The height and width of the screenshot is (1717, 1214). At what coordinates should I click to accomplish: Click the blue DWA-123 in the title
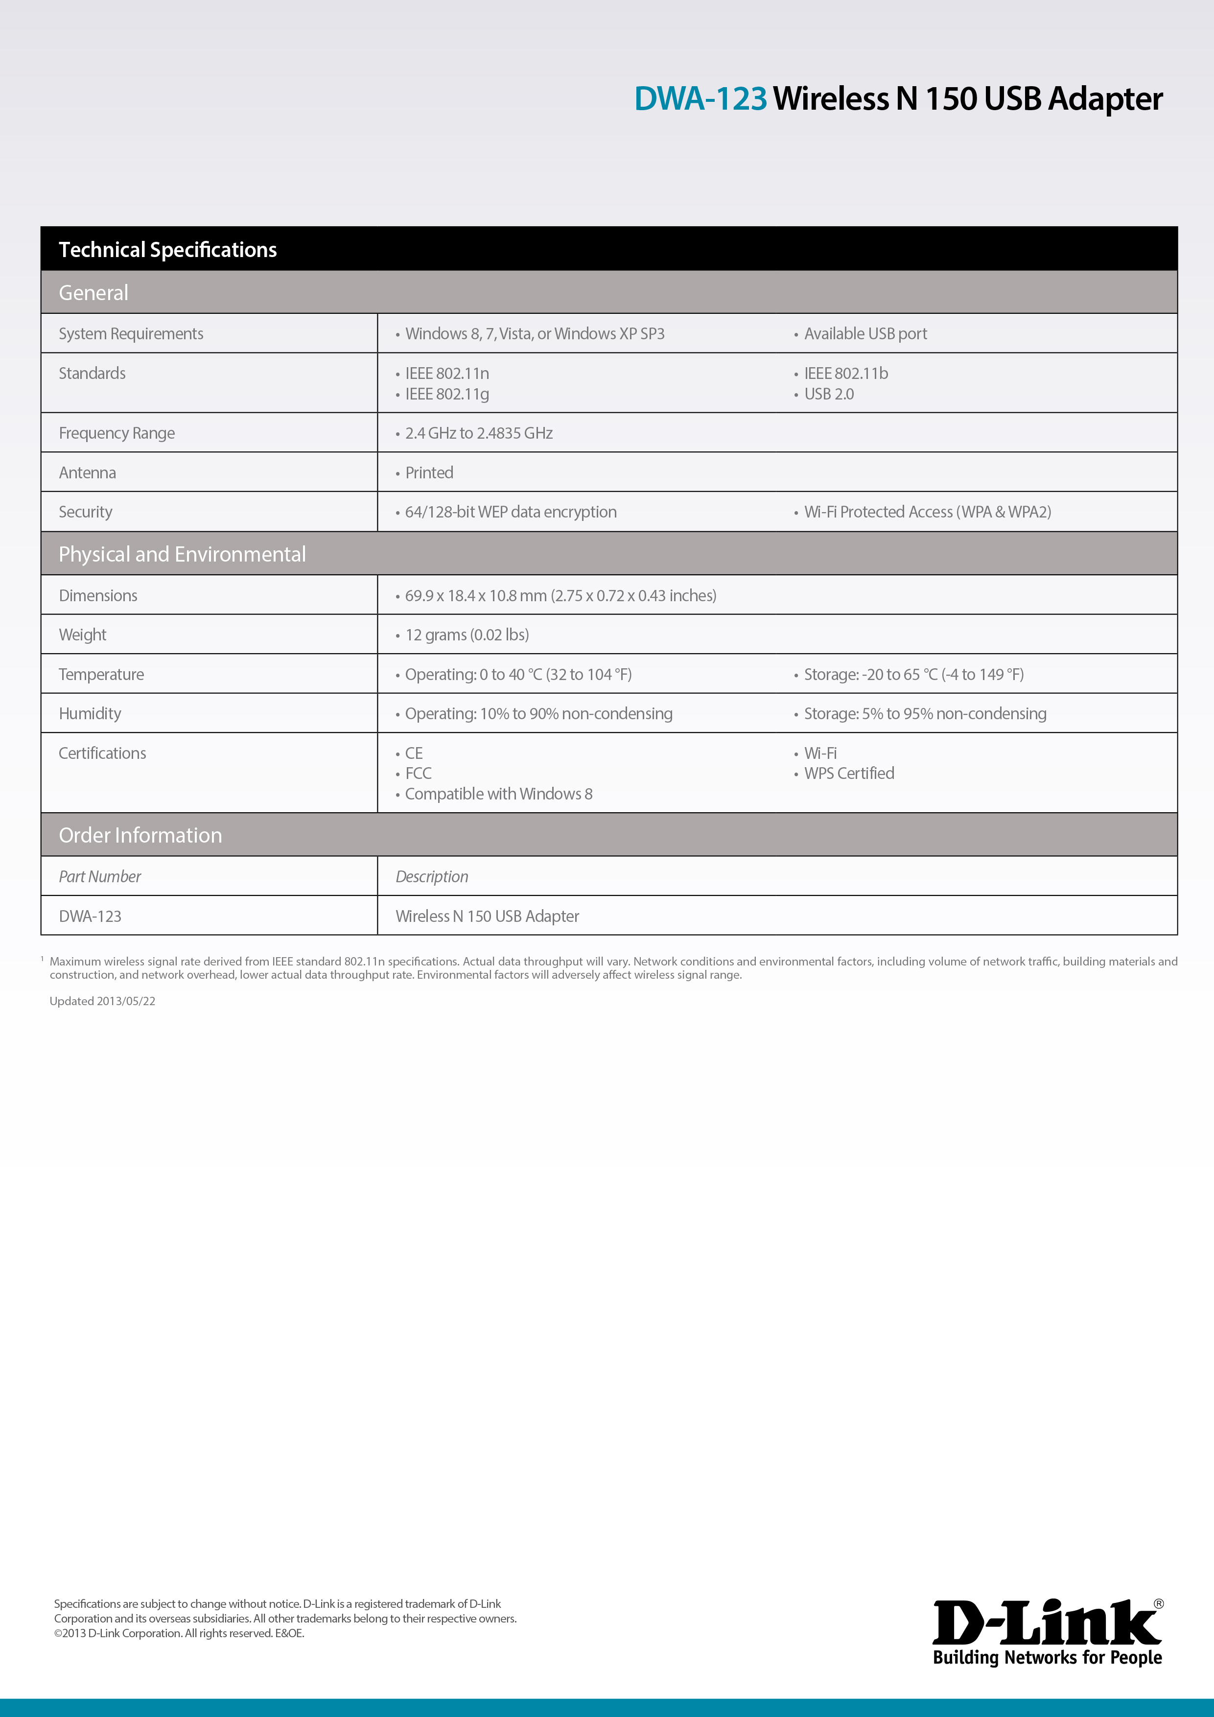(x=700, y=99)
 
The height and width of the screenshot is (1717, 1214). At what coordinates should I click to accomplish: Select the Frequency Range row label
(x=117, y=434)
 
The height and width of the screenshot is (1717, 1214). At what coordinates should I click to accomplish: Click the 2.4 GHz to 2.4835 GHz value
(x=478, y=434)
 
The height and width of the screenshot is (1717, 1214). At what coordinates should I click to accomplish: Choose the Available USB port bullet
(x=865, y=334)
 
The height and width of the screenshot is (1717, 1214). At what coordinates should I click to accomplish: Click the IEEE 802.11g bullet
(x=446, y=394)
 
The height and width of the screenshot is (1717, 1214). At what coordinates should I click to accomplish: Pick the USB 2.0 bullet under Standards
(x=828, y=394)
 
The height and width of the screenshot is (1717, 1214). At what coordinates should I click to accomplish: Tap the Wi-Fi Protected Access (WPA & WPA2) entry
(x=927, y=512)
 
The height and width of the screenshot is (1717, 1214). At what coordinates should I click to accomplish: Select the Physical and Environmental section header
(x=183, y=554)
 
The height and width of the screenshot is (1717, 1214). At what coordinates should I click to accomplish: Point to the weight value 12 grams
(x=467, y=635)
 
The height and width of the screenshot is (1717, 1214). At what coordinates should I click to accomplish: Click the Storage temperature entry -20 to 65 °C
(x=913, y=675)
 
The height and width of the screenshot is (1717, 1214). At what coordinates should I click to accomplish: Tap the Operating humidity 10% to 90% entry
(x=538, y=714)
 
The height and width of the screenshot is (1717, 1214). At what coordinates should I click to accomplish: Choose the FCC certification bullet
(x=418, y=774)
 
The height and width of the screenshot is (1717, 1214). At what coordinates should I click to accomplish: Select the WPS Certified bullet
(x=848, y=774)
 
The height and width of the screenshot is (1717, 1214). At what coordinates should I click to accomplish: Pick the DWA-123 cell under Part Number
(x=91, y=917)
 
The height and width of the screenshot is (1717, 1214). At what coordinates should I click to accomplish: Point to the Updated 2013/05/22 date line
(x=102, y=1001)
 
